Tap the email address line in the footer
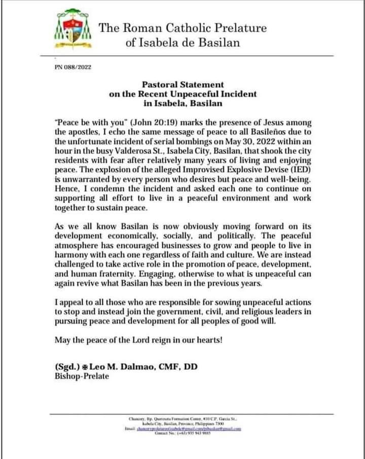(182, 428)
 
